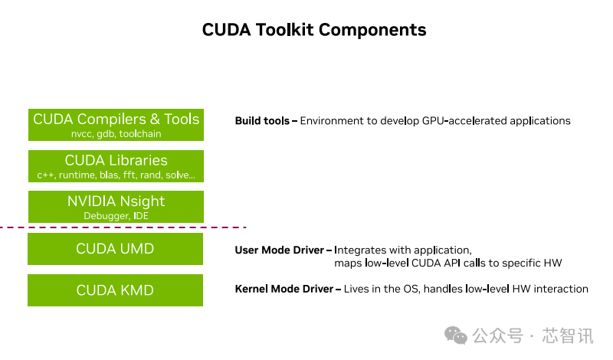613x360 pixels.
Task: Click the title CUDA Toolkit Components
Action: point(314,30)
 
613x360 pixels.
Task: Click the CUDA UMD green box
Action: point(116,249)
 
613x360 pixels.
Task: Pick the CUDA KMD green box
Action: point(116,290)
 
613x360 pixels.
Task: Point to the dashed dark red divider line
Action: point(123,227)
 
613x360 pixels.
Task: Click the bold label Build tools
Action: point(262,121)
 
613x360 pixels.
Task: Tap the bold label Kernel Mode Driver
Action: point(284,289)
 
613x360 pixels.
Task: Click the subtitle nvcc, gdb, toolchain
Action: point(116,134)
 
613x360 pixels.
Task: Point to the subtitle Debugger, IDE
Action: point(116,216)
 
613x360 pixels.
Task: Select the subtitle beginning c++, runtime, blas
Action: point(116,175)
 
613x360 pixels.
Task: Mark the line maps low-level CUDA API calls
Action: point(447,263)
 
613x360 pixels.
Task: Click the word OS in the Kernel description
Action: point(410,289)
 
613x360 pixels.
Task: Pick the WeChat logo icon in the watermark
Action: point(457,335)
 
